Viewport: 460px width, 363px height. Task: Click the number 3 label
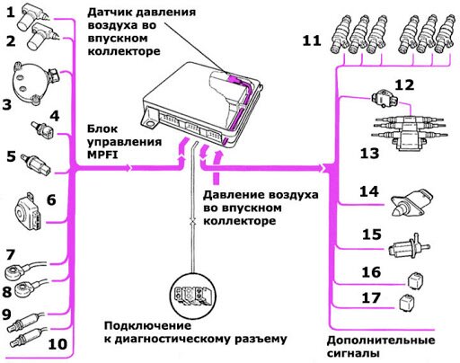tap(7, 104)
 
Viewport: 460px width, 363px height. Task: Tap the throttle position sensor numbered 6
tap(27, 212)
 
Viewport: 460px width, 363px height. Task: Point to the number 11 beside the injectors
tap(312, 40)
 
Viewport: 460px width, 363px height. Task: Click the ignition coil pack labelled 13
tap(409, 133)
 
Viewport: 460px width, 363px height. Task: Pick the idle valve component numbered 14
tap(412, 202)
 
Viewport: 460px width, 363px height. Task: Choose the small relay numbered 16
tap(414, 280)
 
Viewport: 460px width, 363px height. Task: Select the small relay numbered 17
tap(407, 303)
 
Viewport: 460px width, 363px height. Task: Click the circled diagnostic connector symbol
tap(192, 296)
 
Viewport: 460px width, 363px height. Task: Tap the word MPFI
tap(102, 155)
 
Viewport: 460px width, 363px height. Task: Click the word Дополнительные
tap(381, 341)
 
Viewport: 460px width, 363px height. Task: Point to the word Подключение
tap(147, 326)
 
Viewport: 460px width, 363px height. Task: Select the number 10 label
tap(57, 344)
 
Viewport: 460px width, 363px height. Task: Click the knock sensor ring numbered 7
tap(13, 272)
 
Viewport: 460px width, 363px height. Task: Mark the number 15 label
tap(372, 235)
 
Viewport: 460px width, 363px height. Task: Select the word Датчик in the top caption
tap(108, 13)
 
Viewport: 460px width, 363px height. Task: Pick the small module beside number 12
tap(385, 99)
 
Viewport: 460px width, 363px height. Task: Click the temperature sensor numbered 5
tap(35, 164)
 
